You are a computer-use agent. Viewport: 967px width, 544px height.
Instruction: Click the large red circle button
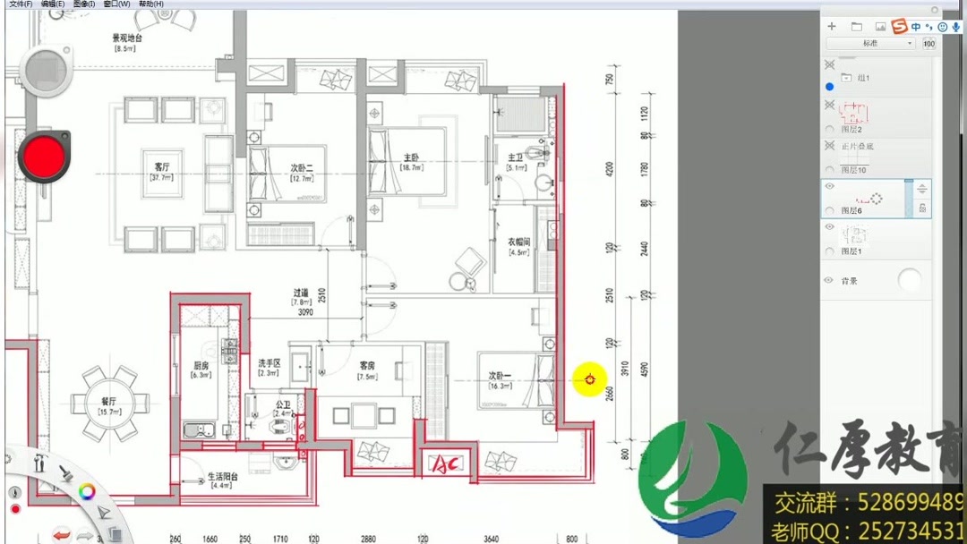point(43,156)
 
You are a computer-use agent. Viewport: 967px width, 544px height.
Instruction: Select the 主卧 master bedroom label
point(411,157)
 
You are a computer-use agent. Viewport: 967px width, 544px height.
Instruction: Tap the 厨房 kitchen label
point(201,365)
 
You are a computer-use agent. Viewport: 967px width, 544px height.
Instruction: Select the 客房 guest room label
point(367,366)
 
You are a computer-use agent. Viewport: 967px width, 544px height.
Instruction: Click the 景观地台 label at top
point(126,38)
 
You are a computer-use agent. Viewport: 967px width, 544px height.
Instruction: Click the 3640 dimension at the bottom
point(491,539)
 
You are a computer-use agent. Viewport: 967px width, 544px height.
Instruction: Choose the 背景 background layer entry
point(849,281)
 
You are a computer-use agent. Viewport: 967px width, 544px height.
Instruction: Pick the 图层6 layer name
point(851,211)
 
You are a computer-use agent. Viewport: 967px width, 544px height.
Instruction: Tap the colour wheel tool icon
point(87,490)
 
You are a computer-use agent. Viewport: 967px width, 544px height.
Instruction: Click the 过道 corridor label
point(301,293)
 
